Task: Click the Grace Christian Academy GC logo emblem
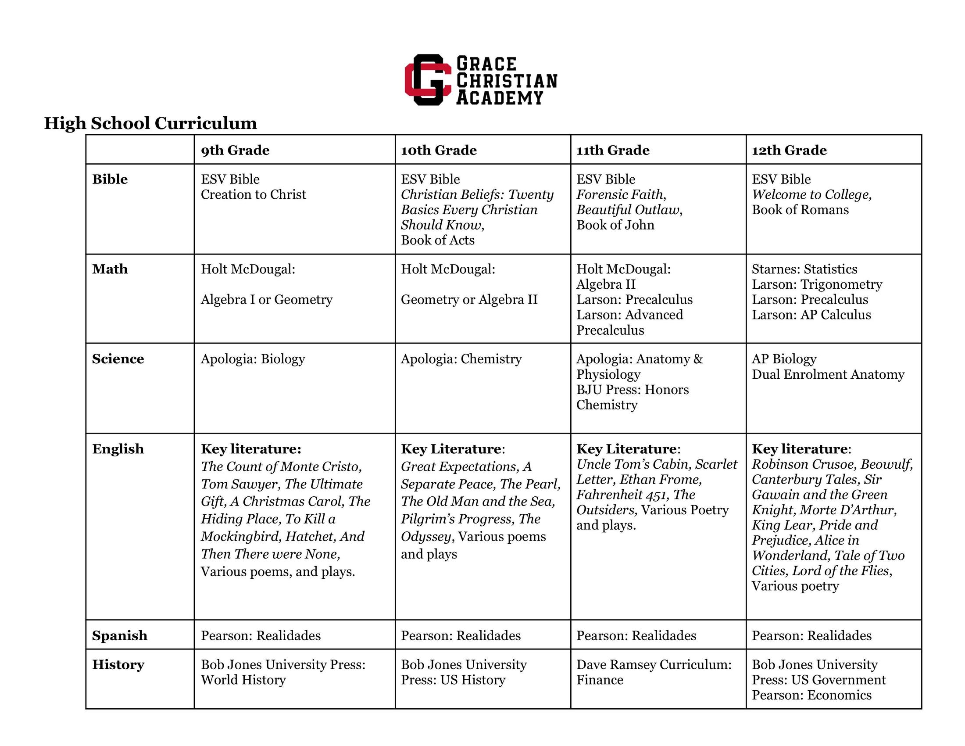pyautogui.click(x=428, y=80)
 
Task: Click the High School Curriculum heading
pyautogui.click(x=150, y=123)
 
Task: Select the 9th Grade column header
pyautogui.click(x=235, y=150)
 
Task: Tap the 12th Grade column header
pyautogui.click(x=789, y=150)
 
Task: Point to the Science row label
pyautogui.click(x=118, y=359)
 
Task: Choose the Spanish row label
pyautogui.click(x=119, y=635)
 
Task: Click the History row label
pyautogui.click(x=118, y=665)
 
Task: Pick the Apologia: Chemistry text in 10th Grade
pyautogui.click(x=461, y=359)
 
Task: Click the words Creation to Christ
pyautogui.click(x=253, y=194)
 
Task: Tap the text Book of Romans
pyautogui.click(x=800, y=209)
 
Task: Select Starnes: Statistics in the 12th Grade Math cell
pyautogui.click(x=804, y=269)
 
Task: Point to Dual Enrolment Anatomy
pyautogui.click(x=828, y=374)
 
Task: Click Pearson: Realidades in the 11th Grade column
pyautogui.click(x=636, y=635)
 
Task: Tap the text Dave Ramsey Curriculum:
pyautogui.click(x=654, y=665)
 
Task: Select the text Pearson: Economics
pyautogui.click(x=811, y=695)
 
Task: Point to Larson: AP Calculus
pyautogui.click(x=811, y=315)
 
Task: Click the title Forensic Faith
pyautogui.click(x=620, y=194)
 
